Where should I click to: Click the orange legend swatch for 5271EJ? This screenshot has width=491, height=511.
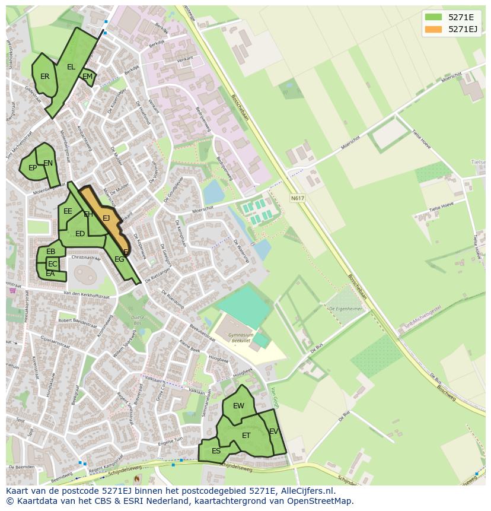[x=433, y=29]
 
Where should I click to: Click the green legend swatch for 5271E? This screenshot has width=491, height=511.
[x=433, y=17]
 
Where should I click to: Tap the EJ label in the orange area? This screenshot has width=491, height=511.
[x=106, y=218]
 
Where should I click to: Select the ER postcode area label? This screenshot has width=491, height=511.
[x=45, y=77]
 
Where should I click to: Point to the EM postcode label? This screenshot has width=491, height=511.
[x=87, y=77]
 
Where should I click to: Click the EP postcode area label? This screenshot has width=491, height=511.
[x=33, y=168]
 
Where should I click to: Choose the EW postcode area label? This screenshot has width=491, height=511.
[x=238, y=406]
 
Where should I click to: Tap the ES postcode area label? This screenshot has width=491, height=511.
[x=216, y=451]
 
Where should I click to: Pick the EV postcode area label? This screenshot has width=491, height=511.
[x=273, y=431]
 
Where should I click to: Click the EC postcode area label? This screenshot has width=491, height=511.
[x=53, y=264]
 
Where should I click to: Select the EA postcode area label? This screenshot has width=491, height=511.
[x=50, y=274]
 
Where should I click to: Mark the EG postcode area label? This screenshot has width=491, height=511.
[x=119, y=259]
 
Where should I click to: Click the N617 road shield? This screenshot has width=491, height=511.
[x=298, y=198]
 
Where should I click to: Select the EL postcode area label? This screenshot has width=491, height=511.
[x=71, y=67]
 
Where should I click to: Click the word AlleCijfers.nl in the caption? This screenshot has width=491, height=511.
[x=305, y=491]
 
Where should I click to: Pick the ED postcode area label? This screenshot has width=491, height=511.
[x=80, y=234]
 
